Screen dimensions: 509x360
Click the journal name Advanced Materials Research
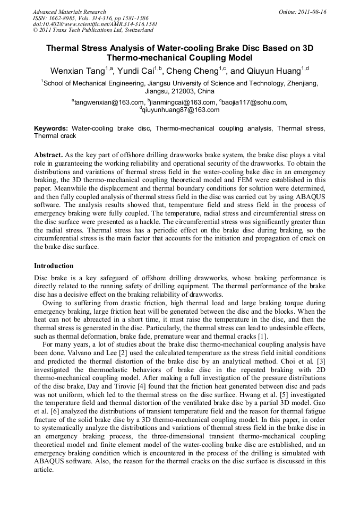coord(69,12)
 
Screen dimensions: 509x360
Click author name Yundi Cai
coord(139,71)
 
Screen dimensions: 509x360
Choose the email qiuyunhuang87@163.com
coord(181,110)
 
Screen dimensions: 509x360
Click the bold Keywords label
coord(51,128)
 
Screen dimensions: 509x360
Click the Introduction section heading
coord(54,265)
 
